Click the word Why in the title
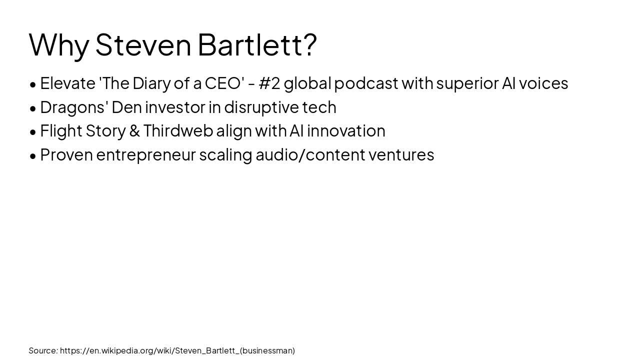coord(58,45)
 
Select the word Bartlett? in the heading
coord(257,45)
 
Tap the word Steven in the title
coord(143,45)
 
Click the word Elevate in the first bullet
coord(67,83)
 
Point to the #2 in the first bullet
coord(269,83)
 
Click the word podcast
coord(366,83)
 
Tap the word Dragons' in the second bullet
coord(73,107)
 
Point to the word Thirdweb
coord(178,131)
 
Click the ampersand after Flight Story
coord(134,131)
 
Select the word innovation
coord(346,131)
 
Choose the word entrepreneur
coord(146,155)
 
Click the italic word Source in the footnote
coord(42,350)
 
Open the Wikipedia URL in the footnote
coord(177,350)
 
